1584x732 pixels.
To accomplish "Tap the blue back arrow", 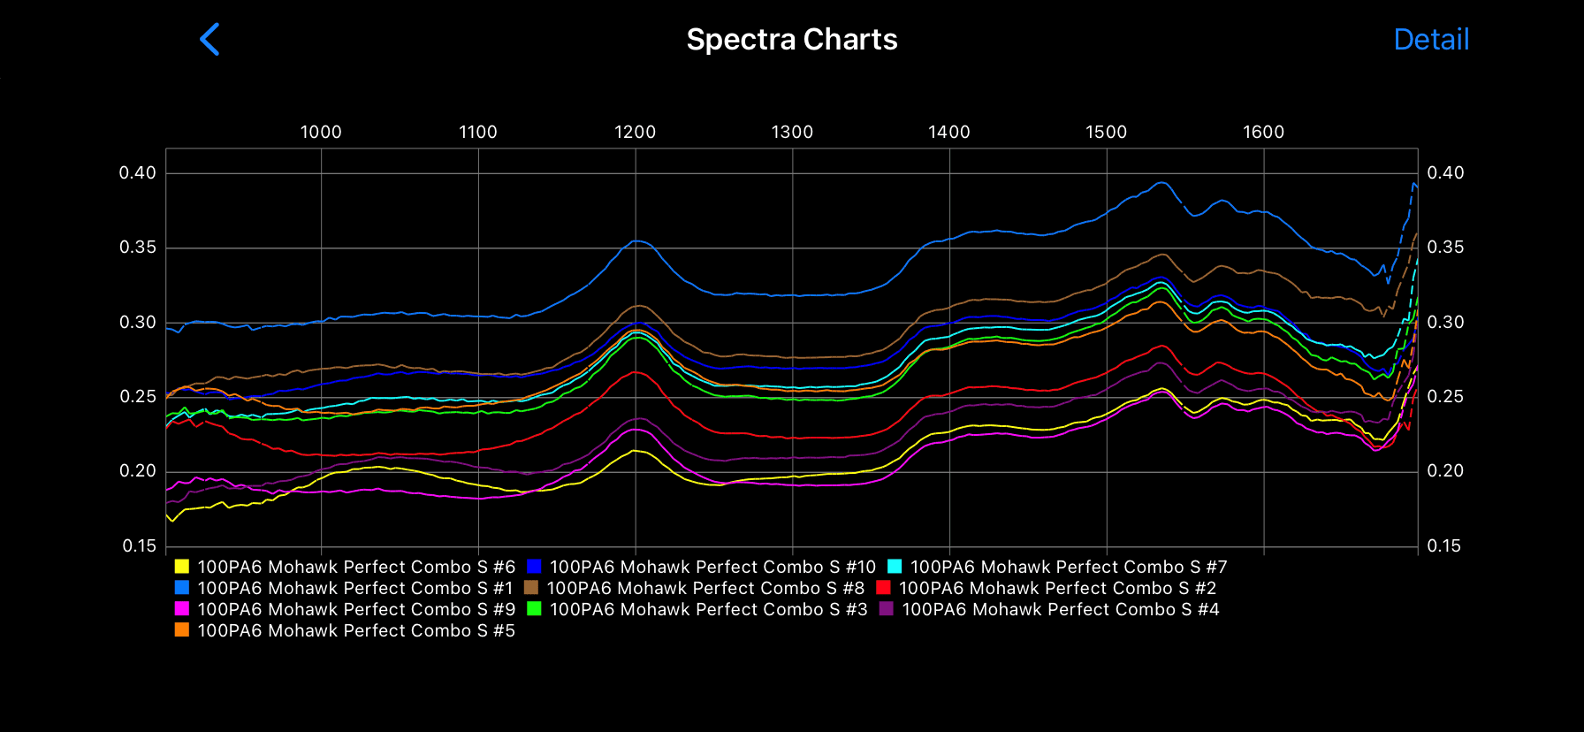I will pos(209,40).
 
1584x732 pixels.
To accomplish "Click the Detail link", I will pos(1430,40).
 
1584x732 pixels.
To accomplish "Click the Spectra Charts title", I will pos(791,40).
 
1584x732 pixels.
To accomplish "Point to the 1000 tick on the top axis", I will pos(320,132).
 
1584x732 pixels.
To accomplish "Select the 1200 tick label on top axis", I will pos(635,132).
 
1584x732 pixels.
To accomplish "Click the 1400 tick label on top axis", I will pos(948,132).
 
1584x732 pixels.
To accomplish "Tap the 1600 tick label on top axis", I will pos(1263,132).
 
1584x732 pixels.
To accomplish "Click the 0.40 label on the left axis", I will pos(138,172).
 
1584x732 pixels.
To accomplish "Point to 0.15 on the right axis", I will pos(1444,545).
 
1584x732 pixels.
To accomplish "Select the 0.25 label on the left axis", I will pos(138,396).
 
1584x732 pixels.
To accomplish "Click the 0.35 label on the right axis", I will pos(1444,247).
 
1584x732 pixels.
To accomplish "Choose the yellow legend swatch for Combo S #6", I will pos(182,567).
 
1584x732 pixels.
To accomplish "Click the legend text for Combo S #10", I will pos(712,567).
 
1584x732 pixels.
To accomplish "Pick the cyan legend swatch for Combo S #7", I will pos(895,567).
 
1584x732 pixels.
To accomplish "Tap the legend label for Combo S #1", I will pos(355,588).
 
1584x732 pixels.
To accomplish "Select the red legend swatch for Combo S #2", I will pos(883,588).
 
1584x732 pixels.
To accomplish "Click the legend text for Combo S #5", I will pos(356,630).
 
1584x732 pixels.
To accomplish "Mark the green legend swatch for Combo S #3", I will pos(534,609).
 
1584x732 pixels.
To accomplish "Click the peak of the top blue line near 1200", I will pos(636,240).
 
